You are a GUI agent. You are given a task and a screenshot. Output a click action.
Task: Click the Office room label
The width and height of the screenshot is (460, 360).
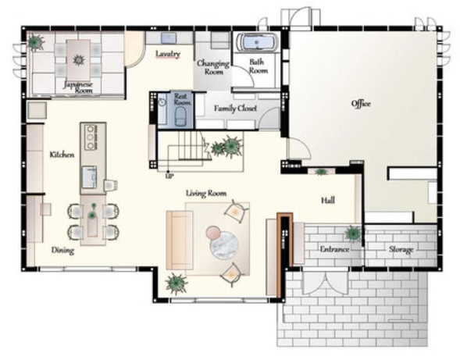[361, 104]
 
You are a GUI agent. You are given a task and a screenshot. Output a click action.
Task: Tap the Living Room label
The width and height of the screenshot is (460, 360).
[206, 193]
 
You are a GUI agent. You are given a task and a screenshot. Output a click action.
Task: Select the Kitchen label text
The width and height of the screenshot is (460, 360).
[62, 155]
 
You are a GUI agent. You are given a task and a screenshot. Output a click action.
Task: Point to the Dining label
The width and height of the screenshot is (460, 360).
[62, 250]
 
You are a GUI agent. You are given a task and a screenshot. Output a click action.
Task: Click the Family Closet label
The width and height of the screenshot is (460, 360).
[235, 109]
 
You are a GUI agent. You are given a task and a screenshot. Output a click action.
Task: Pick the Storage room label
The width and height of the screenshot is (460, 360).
[401, 250]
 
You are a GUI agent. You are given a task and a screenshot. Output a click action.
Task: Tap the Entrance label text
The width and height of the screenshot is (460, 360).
[334, 249]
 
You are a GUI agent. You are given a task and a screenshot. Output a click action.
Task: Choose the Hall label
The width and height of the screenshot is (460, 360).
[328, 201]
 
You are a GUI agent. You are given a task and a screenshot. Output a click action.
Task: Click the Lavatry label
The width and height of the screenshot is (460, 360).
[168, 54]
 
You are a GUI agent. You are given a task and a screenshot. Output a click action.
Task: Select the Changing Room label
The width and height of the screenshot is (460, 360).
[213, 67]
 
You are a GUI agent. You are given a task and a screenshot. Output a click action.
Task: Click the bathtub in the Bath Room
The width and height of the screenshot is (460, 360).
[257, 42]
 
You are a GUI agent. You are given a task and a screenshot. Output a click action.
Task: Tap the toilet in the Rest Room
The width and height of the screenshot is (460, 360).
[180, 116]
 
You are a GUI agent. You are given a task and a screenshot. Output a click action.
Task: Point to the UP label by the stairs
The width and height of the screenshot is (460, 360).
[169, 176]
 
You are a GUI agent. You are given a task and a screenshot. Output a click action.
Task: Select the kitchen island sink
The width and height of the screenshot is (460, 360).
[90, 177]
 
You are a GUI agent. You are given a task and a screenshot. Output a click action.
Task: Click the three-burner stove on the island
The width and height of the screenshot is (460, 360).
[91, 137]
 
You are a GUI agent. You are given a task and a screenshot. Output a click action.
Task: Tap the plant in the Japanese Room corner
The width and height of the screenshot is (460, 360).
[36, 42]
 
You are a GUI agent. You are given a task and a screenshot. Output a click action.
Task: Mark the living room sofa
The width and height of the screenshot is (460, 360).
[180, 240]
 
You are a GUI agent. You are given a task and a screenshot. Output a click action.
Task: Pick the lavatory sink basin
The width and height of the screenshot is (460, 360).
[169, 38]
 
